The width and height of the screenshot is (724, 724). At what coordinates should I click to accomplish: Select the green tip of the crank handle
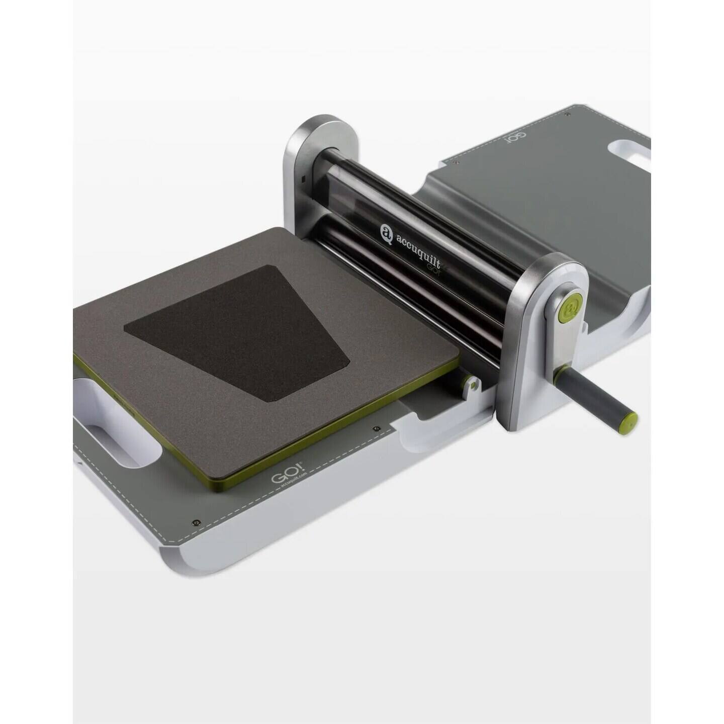point(630,418)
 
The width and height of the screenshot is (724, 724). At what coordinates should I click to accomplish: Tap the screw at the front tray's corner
point(197,523)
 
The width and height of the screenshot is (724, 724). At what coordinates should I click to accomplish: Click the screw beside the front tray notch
point(376,429)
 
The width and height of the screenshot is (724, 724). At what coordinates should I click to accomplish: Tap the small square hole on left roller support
point(303,178)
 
